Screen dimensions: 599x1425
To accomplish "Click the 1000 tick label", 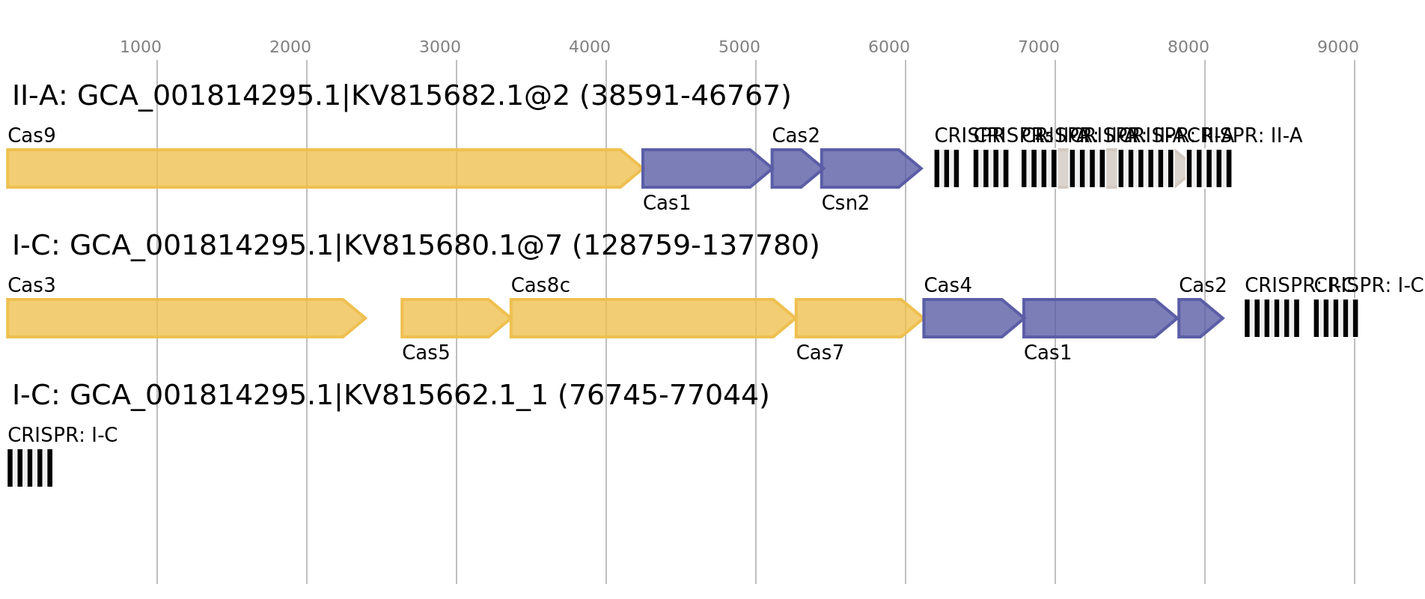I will [141, 47].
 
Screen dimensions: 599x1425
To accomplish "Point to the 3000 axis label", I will [440, 47].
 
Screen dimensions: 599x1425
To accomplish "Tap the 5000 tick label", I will [739, 47].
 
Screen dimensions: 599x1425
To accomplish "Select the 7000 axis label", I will [1039, 47].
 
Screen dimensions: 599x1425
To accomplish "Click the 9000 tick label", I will [1338, 47].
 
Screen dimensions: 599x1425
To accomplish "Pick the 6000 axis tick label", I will [889, 47].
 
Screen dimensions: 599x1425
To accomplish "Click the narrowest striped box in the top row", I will [947, 168].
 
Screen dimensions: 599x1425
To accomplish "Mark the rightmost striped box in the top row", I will [1209, 168].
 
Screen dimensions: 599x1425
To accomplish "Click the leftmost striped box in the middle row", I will [1272, 318].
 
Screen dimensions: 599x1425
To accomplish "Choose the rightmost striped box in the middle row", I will [1336, 318].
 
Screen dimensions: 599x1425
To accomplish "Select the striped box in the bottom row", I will [30, 468].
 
